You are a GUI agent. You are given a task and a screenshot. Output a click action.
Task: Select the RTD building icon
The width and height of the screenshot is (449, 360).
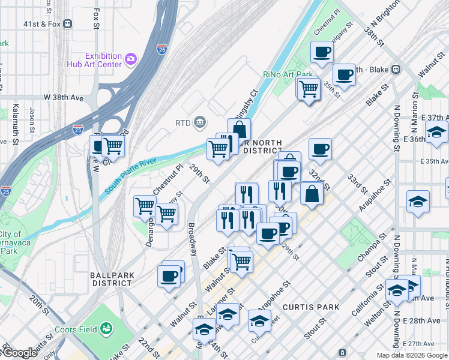tap(199, 123)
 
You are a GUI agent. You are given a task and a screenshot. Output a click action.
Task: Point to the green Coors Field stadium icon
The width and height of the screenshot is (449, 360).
tap(106, 328)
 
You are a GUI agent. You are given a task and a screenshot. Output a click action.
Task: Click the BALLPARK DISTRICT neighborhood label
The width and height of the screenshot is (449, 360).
tap(111, 279)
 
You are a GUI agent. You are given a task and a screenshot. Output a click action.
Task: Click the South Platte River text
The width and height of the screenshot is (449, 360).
tap(131, 176)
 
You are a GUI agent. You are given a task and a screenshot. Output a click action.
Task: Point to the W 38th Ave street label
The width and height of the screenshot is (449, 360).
tap(63, 97)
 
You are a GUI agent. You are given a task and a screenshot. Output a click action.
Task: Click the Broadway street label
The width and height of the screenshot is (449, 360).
tap(192, 240)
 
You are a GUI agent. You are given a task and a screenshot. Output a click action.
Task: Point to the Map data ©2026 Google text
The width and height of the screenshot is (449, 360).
tap(412, 355)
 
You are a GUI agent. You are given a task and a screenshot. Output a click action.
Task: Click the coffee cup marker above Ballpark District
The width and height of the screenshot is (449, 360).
tap(170, 275)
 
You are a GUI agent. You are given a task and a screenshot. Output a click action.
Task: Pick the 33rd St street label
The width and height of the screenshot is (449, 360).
tap(358, 184)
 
